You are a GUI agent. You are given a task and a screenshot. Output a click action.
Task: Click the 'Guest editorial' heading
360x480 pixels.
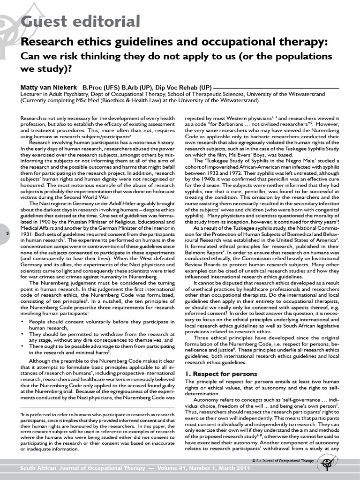click(x=80, y=21)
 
